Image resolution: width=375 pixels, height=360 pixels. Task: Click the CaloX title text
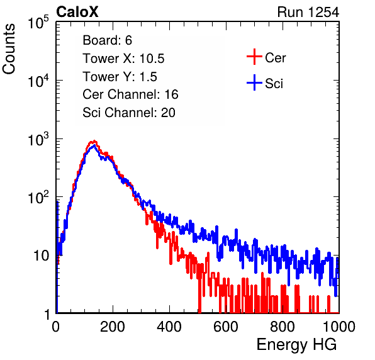coord(77,12)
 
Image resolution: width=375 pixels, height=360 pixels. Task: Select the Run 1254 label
coord(308,12)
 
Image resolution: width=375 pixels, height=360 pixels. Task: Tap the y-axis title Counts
coord(9,49)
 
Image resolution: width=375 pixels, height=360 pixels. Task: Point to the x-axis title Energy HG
coord(296,345)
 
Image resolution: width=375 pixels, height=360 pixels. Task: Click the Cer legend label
coord(275,58)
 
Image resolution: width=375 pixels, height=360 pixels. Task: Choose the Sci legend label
coord(274,84)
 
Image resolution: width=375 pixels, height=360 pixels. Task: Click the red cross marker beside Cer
coord(254,57)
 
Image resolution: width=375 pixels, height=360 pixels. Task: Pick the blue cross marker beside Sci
coord(254,83)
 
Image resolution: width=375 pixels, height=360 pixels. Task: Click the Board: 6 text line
coord(108,40)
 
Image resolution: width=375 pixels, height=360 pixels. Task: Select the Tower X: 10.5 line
coord(123,59)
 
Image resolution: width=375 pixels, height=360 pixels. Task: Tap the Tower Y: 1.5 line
coord(120,77)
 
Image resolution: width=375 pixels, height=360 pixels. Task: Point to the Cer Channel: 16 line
coord(130,94)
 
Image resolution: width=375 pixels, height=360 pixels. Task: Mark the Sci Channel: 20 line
coord(129,113)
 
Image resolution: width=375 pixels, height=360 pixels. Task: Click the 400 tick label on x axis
coord(169,327)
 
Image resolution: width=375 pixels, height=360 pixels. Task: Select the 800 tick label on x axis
coord(283,327)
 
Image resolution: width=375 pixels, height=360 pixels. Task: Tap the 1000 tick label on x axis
coord(339,327)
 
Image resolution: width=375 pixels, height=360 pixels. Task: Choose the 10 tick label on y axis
coord(42,256)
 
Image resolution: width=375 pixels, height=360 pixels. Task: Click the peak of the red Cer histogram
coord(94,141)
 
